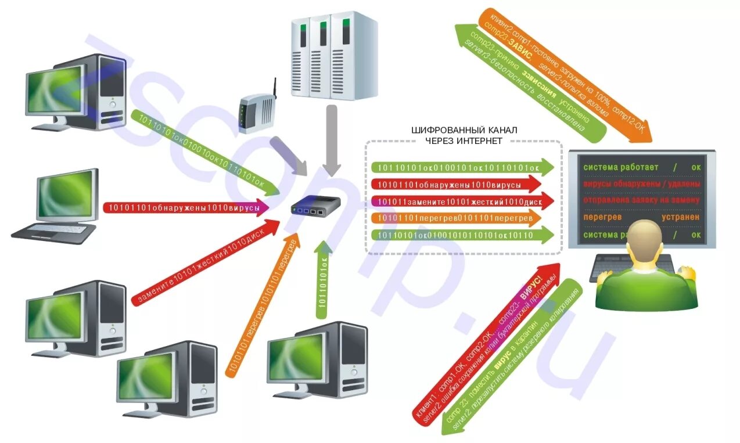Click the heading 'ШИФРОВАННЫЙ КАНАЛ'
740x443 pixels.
point(464,129)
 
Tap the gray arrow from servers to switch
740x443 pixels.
point(332,139)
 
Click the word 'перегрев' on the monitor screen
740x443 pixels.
point(602,217)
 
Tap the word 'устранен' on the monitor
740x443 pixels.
point(680,217)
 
